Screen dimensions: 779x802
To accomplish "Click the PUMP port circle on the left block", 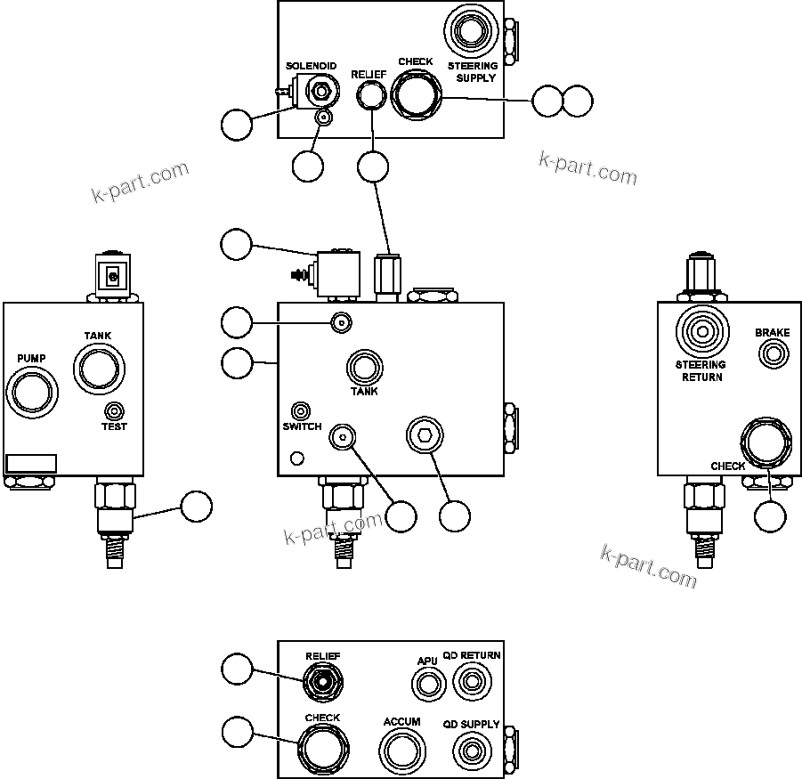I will tap(30, 391).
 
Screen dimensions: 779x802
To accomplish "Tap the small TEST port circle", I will tap(114, 410).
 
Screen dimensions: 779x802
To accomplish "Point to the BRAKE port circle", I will tap(773, 354).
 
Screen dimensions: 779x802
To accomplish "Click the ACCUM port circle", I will tap(402, 753).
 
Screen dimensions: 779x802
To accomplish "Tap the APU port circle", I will tap(428, 685).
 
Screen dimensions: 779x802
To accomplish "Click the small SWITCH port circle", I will tap(302, 411).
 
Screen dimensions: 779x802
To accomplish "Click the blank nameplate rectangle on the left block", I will tap(31, 463).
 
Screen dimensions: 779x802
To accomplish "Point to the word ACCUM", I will tap(401, 722).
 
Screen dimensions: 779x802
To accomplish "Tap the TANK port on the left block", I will tap(97, 367).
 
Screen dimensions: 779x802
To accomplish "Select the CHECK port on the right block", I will tap(766, 442).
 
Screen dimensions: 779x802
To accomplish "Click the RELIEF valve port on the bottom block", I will tap(321, 684).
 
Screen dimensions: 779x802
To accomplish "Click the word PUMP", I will tap(31, 358).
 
